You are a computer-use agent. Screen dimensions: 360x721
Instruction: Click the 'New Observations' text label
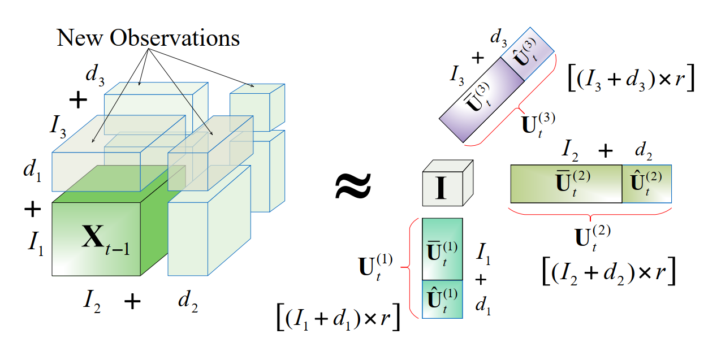click(148, 38)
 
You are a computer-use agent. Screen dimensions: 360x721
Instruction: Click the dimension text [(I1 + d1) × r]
click(338, 318)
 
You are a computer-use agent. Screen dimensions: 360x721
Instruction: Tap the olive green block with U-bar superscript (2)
click(565, 184)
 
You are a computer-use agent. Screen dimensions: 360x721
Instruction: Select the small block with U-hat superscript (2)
click(647, 184)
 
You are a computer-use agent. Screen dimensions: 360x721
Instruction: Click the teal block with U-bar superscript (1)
click(442, 249)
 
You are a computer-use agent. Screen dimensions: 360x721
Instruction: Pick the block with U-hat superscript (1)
click(442, 299)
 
